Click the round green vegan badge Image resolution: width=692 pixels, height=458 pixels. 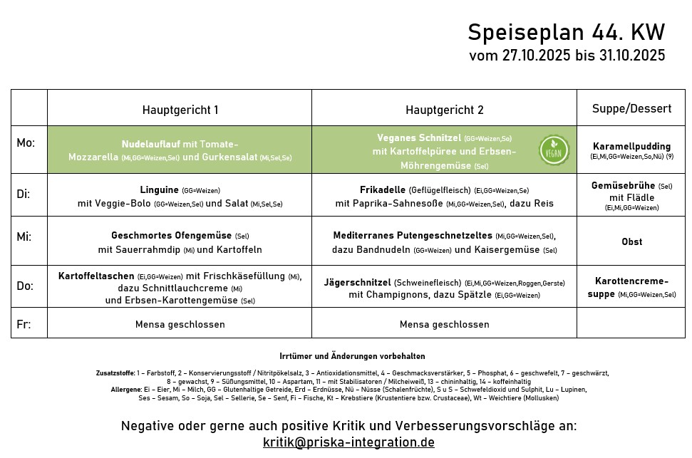click(554, 150)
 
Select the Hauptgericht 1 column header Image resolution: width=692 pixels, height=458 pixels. click(180, 110)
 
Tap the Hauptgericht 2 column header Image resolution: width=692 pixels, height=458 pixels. click(444, 110)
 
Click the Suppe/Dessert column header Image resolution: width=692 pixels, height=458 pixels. click(631, 108)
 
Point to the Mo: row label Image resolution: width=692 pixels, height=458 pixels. click(26, 143)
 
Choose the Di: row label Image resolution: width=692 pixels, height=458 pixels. click(24, 193)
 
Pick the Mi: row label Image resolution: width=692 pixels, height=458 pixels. click(24, 236)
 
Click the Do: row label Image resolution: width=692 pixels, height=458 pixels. click(25, 286)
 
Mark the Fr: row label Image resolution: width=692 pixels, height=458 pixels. click(24, 324)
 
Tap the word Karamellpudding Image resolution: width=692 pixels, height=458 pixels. click(631, 146)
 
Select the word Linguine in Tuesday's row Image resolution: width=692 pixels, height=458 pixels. click(160, 189)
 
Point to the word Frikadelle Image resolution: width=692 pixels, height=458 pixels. click(383, 189)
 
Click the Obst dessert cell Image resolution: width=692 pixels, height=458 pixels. click(631, 241)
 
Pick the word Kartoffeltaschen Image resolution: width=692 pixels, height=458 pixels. click(96, 276)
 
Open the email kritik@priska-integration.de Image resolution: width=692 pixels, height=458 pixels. click(348, 442)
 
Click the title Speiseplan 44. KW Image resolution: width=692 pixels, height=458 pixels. click(566, 32)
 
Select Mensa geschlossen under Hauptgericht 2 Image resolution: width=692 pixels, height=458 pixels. click(444, 324)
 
